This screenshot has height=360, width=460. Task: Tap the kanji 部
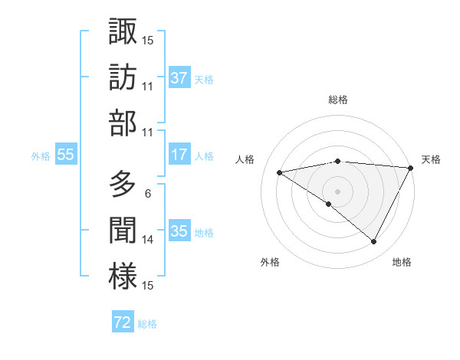[x=123, y=123]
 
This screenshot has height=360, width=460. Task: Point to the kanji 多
[x=123, y=185]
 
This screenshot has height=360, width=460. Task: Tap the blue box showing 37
[x=179, y=78]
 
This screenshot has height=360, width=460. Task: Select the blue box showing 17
[x=179, y=155]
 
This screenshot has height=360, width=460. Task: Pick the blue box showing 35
[x=179, y=231]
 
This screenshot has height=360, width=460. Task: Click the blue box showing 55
[x=66, y=155]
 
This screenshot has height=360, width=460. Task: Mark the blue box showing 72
[x=123, y=322]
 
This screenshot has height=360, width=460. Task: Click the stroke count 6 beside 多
[x=147, y=194]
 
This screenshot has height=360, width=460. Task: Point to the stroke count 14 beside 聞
[x=148, y=240]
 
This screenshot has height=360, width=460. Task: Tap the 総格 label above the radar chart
[x=338, y=100]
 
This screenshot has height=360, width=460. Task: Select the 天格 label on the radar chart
[x=431, y=159]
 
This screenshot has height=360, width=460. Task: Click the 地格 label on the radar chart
[x=402, y=263]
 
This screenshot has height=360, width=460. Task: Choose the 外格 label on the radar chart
[x=270, y=263]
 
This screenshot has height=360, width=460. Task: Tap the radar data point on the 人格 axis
[x=280, y=172]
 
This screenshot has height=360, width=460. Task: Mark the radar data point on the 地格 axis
[x=374, y=242]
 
